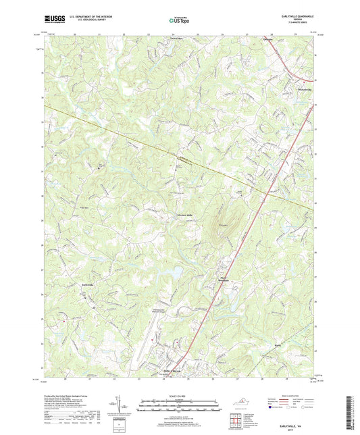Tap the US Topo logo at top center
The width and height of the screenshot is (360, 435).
(180, 21)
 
